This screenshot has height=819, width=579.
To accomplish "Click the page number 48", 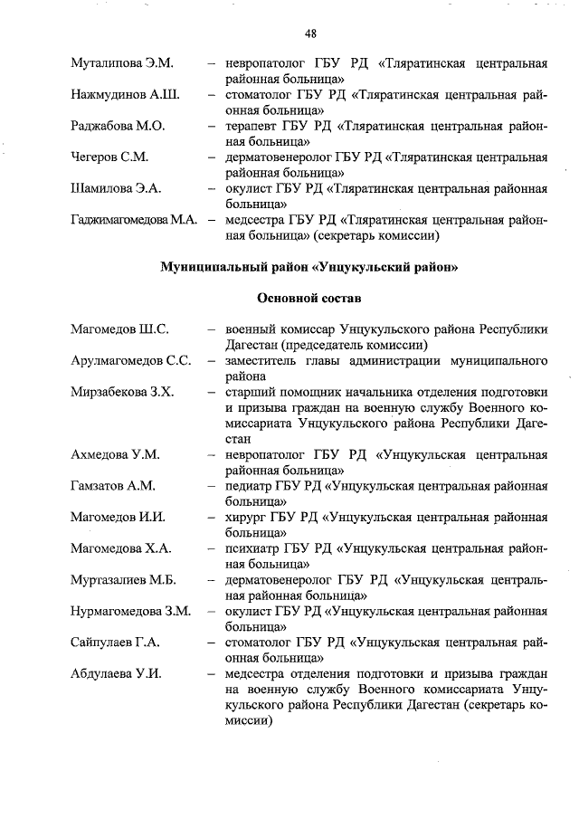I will [x=310, y=33].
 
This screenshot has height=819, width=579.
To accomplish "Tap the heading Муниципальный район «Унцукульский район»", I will [x=309, y=267].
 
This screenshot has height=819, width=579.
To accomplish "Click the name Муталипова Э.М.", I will [x=122, y=64].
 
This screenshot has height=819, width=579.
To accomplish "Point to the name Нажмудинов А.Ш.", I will [x=125, y=95].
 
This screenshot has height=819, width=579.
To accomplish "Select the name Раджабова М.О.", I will [x=119, y=126].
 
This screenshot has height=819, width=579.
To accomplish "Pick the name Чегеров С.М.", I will [x=109, y=157].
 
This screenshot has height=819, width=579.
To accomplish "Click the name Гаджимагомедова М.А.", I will [x=134, y=219].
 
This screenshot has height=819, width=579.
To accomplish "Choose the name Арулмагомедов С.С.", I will [x=131, y=360].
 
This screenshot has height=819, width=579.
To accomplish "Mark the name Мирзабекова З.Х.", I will [x=122, y=391].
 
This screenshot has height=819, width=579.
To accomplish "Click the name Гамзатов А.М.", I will [x=113, y=485].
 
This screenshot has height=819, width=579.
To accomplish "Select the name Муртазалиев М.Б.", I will [x=123, y=579].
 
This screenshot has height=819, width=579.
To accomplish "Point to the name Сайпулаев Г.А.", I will [x=115, y=642].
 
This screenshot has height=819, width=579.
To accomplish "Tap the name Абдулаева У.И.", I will [x=116, y=673].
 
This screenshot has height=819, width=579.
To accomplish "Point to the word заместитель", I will [x=264, y=360].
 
